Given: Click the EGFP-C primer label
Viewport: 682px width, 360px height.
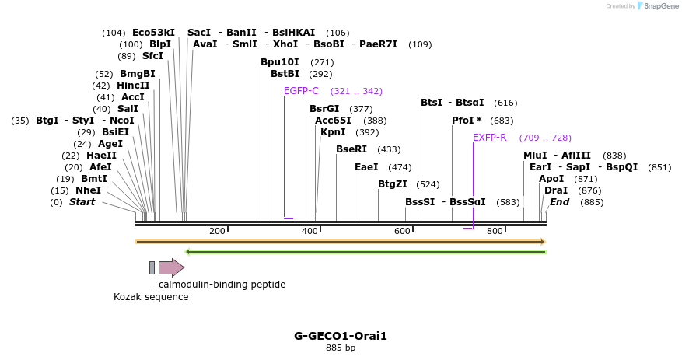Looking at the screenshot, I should point(301,91).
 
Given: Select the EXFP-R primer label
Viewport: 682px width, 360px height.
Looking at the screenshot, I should point(489,138).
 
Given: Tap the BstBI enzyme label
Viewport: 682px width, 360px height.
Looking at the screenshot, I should point(285,74).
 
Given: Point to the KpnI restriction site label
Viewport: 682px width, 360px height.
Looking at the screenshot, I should point(333,132).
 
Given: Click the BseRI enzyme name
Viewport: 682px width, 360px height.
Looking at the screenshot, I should point(351,149).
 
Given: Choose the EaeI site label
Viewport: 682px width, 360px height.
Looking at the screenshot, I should point(366,167).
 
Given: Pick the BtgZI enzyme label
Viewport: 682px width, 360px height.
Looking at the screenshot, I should point(392,184).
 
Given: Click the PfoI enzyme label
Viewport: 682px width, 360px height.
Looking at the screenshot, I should point(467,121).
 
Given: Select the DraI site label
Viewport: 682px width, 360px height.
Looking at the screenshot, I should point(556,190).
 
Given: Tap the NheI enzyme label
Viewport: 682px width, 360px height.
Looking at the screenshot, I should point(88,190).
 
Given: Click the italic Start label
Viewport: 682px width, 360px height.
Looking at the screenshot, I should point(82,202).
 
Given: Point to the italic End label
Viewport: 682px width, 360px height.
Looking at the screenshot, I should point(559,202).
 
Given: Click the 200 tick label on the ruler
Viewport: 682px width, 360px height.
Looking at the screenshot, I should point(217,231).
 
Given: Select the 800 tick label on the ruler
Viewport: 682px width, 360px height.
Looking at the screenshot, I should point(495,231).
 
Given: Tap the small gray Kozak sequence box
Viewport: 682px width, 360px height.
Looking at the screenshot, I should point(152,267).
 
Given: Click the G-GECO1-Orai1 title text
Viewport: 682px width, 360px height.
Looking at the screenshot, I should point(341,336).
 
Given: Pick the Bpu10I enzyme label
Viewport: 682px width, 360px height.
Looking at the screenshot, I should point(280,62).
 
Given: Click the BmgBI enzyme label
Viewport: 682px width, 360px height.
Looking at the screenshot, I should point(137,74).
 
